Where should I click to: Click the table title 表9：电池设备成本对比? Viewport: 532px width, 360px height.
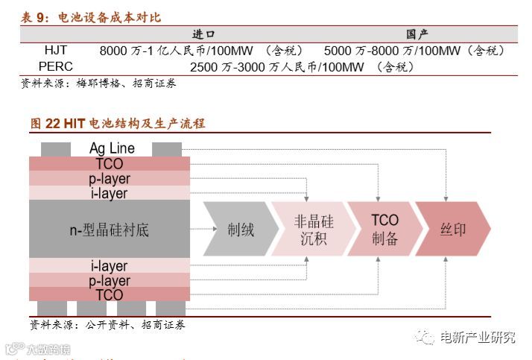point(90,17)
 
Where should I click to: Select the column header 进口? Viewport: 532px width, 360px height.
point(203,34)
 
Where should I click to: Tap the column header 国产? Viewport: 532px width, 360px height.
point(417,34)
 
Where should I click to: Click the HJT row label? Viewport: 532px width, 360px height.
point(56,51)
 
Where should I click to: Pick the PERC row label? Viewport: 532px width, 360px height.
point(56,66)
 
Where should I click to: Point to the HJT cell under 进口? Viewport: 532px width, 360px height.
point(201,51)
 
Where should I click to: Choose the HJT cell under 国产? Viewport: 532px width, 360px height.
point(414,51)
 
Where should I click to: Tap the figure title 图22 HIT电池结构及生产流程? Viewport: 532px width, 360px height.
point(118,123)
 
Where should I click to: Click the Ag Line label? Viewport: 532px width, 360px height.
point(112,149)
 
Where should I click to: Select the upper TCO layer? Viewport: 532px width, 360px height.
point(110,164)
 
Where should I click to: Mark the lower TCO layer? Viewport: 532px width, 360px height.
point(110,295)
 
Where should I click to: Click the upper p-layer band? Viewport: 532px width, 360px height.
point(110,179)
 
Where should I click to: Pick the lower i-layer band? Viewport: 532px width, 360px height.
point(110,266)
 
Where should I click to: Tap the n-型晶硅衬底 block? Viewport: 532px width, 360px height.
point(110,230)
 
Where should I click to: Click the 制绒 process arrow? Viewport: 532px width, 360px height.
point(238,230)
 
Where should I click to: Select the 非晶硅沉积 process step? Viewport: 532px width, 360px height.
point(313,230)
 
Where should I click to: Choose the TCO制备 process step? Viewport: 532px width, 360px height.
point(384,230)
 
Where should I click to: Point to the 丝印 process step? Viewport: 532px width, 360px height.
point(452,230)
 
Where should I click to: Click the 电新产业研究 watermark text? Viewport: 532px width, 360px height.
point(477,338)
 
